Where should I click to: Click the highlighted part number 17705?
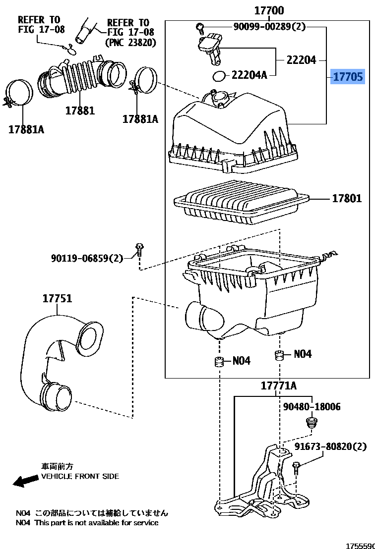point(348,76)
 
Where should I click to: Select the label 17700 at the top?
point(269,10)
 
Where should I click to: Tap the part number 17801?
point(347,199)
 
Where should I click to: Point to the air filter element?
point(242,202)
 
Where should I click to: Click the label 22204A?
point(249,75)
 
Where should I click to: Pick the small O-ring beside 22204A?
point(219,76)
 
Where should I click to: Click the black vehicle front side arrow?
point(26,481)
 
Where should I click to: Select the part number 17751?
point(57,298)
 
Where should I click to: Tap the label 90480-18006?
point(312,406)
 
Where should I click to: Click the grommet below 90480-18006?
point(311,422)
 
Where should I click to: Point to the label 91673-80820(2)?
point(330,446)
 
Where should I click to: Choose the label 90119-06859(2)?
point(87,258)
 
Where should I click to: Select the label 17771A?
point(278,385)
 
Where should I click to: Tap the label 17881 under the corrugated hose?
point(80,110)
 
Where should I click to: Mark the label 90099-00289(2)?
point(269,26)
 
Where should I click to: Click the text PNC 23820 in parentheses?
point(130,43)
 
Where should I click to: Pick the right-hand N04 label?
point(303,354)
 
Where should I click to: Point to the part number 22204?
point(302,60)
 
